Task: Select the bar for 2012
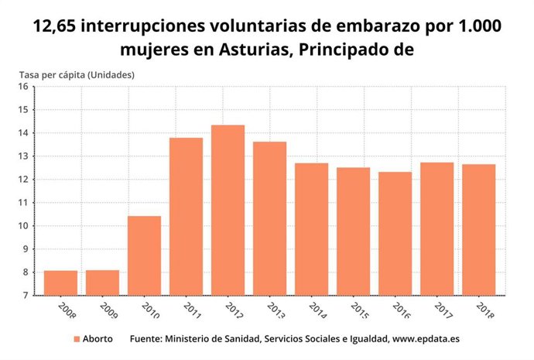pyautogui.click(x=228, y=210)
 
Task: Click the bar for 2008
pyautogui.click(x=60, y=283)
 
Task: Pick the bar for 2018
pyautogui.click(x=478, y=229)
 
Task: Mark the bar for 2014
pyautogui.click(x=311, y=229)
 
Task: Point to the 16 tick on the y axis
pyautogui.click(x=23, y=87)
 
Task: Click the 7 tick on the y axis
pyautogui.click(x=26, y=296)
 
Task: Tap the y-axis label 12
pyautogui.click(x=23, y=180)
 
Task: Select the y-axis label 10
pyautogui.click(x=23, y=226)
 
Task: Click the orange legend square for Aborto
pyautogui.click(x=76, y=339)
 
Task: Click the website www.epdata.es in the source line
pyautogui.click(x=426, y=339)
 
